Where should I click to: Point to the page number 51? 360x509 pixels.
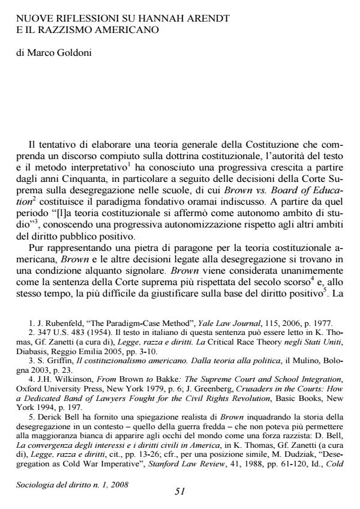pos(179,491)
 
